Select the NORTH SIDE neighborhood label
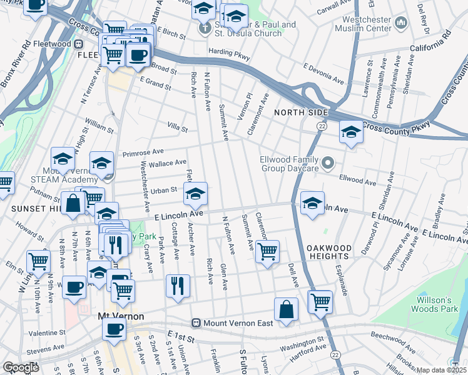coord(300,112)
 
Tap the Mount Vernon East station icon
coord(196,323)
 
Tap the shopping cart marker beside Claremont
coord(267,251)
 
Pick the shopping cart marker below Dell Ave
coord(320,301)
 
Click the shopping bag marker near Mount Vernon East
coord(286,309)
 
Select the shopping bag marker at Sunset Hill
coord(73,203)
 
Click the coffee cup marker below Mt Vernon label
coord(114,329)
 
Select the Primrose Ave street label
coord(143,151)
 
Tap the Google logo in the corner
coord(21,367)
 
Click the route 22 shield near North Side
coord(320,126)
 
